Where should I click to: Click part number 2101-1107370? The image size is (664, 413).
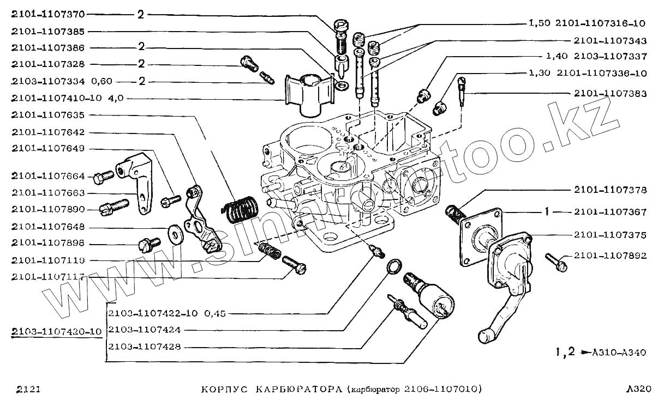pyautogui.click(x=48, y=15)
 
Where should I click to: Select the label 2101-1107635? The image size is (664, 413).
pyautogui.click(x=48, y=116)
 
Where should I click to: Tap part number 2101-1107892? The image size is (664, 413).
pyautogui.click(x=610, y=256)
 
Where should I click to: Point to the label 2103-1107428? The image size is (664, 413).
pyautogui.click(x=145, y=347)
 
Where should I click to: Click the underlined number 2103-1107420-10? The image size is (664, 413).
pyautogui.click(x=57, y=332)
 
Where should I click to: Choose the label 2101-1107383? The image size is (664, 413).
pyautogui.click(x=610, y=94)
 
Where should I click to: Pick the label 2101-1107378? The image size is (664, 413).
pyautogui.click(x=610, y=191)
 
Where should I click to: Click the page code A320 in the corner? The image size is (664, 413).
pyautogui.click(x=639, y=390)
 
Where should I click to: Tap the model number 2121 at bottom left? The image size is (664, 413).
pyautogui.click(x=27, y=390)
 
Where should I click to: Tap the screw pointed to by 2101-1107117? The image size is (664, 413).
pyautogui.click(x=295, y=265)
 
